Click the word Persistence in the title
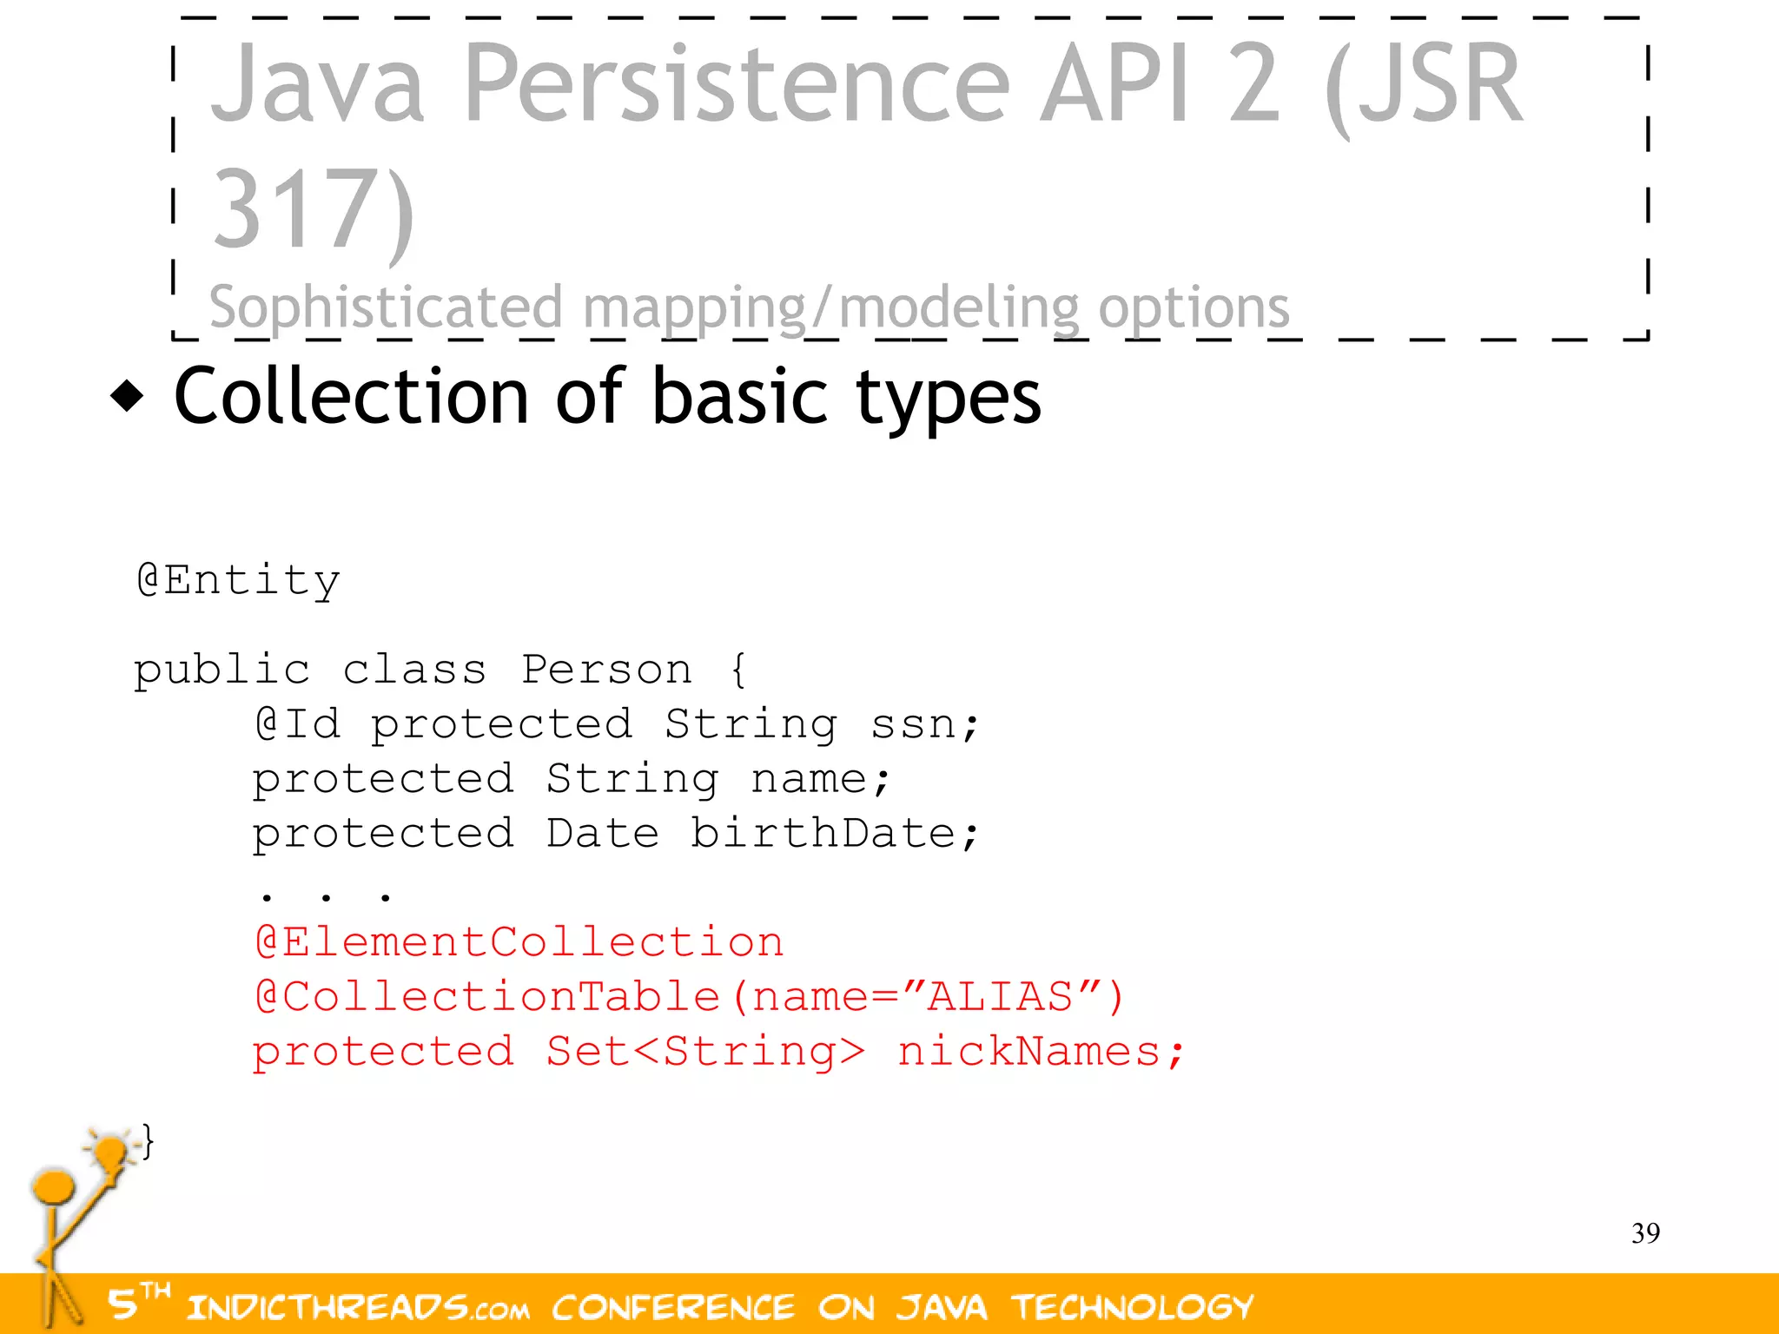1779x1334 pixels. click(x=737, y=85)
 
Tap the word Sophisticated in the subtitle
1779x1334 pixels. click(x=386, y=307)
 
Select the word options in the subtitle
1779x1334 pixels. click(x=1194, y=307)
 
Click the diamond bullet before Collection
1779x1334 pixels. click(x=128, y=396)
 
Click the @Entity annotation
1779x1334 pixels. click(x=238, y=580)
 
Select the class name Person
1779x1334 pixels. click(x=606, y=670)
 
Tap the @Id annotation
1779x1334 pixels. click(x=298, y=724)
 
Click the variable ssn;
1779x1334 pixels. click(x=924, y=724)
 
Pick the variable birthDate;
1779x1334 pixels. click(x=834, y=834)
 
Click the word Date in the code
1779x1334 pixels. click(x=602, y=834)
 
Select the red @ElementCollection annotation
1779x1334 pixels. click(x=519, y=943)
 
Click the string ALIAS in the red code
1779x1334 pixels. click(x=1000, y=997)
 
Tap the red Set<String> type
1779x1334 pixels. click(x=704, y=1052)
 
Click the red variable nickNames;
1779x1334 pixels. click(x=1040, y=1052)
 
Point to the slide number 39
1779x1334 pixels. click(x=1645, y=1233)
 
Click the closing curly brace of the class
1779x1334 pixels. click(x=149, y=1141)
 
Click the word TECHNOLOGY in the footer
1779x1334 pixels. click(x=1132, y=1307)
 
